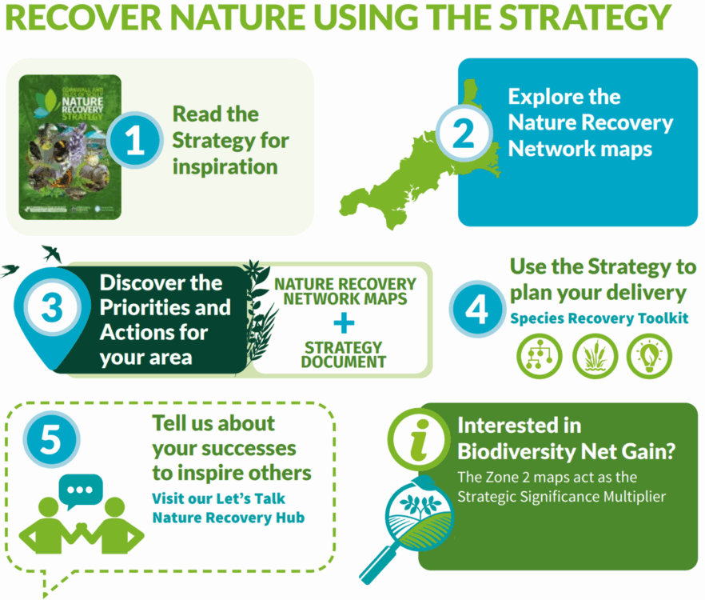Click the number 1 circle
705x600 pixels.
point(135,141)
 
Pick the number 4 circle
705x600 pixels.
point(476,308)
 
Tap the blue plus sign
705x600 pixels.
point(345,322)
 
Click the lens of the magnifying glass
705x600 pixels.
point(415,511)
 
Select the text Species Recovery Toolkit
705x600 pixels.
point(599,318)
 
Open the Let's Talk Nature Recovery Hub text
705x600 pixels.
point(228,507)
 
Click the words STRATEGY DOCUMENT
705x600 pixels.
point(345,354)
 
